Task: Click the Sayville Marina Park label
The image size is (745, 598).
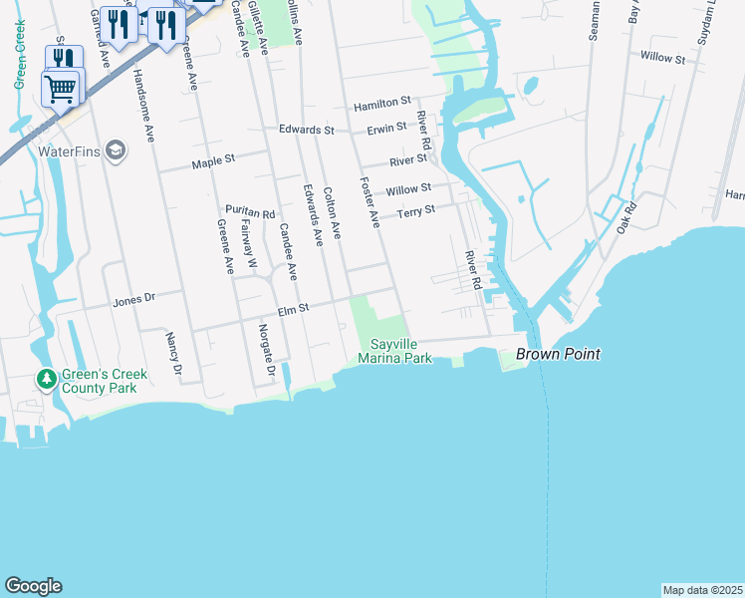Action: [395, 351]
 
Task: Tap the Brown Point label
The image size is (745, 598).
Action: [557, 354]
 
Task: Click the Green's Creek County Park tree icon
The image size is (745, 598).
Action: [46, 380]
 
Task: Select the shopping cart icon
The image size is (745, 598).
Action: [60, 88]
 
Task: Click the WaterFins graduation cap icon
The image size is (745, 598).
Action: [116, 150]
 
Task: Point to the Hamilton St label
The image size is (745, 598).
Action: [382, 103]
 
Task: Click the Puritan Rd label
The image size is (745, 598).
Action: [249, 213]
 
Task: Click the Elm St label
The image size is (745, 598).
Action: [296, 309]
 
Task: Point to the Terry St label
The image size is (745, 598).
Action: [416, 211]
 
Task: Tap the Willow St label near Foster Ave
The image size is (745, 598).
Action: [408, 188]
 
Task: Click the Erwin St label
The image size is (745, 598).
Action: [386, 128]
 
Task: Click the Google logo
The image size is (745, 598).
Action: [33, 586]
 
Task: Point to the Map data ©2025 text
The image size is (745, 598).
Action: [701, 590]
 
